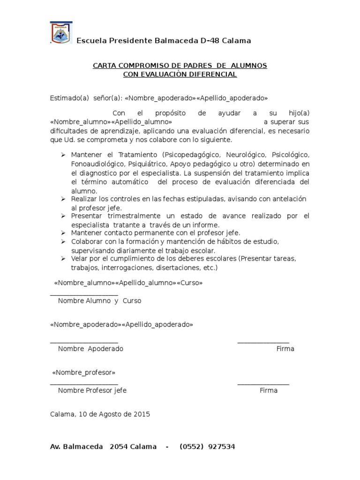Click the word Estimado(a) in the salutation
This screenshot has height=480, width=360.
point(69,98)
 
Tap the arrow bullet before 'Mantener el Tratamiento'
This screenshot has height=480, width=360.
point(64,155)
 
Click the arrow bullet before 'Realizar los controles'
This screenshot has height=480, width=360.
point(64,199)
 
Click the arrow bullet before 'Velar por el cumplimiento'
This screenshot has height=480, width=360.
point(64,258)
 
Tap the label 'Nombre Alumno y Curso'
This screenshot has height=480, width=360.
point(99,301)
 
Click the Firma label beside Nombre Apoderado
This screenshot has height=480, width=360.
point(285,349)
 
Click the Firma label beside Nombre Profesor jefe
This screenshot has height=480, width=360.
point(269,390)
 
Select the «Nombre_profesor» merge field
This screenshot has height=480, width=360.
point(83,373)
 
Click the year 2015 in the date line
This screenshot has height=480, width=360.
point(142,414)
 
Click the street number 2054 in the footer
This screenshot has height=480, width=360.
point(118,447)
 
